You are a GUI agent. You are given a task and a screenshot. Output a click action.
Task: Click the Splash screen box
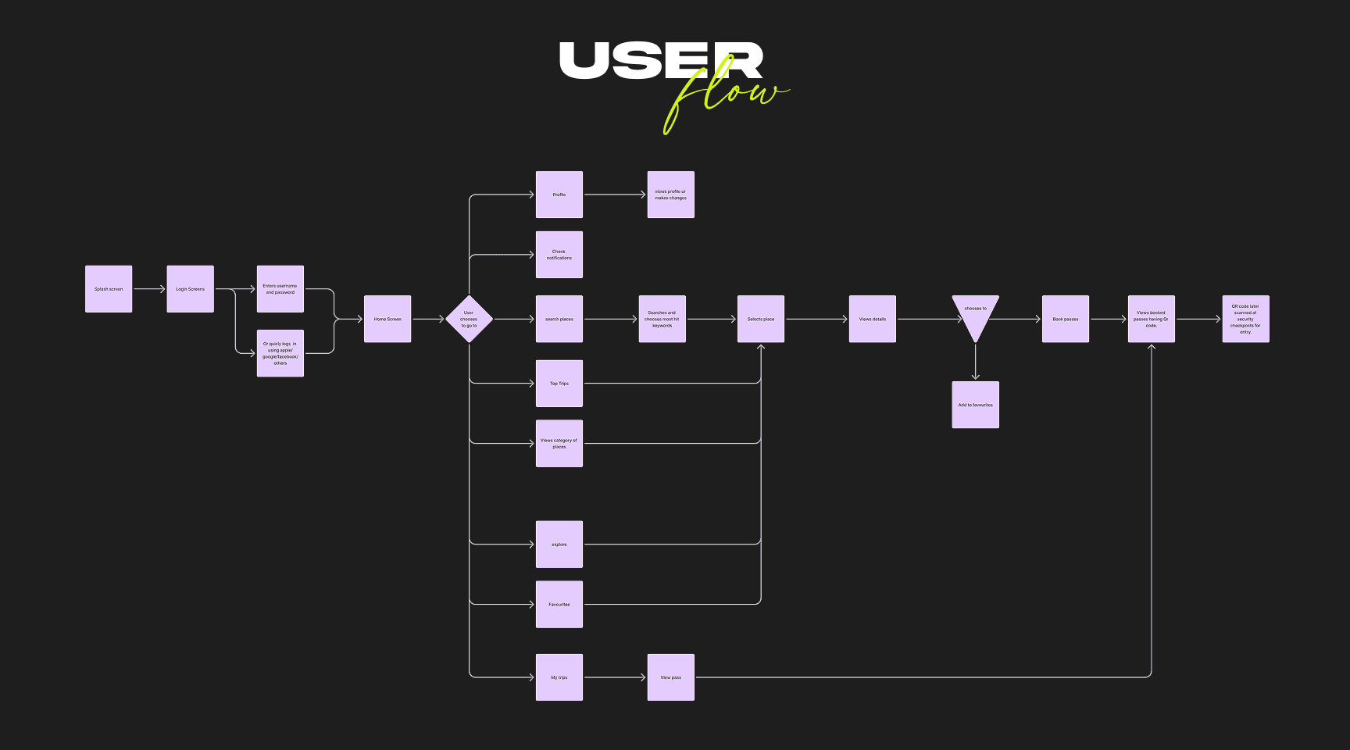109,289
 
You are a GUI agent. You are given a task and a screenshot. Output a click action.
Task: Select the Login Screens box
190,289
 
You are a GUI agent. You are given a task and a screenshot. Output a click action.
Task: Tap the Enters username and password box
280,289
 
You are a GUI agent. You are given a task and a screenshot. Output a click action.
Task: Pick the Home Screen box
387,319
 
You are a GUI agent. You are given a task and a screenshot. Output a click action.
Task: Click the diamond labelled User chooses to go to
469,319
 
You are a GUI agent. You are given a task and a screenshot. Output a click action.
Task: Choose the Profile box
559,195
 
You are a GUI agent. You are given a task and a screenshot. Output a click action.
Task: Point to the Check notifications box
559,255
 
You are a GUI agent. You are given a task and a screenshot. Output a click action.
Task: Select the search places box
559,319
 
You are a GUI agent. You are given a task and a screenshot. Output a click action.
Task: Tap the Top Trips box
559,384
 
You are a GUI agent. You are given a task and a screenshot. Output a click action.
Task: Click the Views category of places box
559,444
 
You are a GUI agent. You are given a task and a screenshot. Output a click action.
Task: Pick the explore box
559,545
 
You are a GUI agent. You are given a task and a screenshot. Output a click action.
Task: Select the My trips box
559,677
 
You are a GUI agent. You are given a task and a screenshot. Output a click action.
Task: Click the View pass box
671,677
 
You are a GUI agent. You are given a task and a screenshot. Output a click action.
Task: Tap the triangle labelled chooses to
975,313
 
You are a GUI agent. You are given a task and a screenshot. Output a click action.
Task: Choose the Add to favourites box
975,405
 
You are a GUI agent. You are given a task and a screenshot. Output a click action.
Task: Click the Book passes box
1066,319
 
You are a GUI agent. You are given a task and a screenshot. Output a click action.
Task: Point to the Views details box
873,319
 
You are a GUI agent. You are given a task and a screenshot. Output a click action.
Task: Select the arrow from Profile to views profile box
615,195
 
